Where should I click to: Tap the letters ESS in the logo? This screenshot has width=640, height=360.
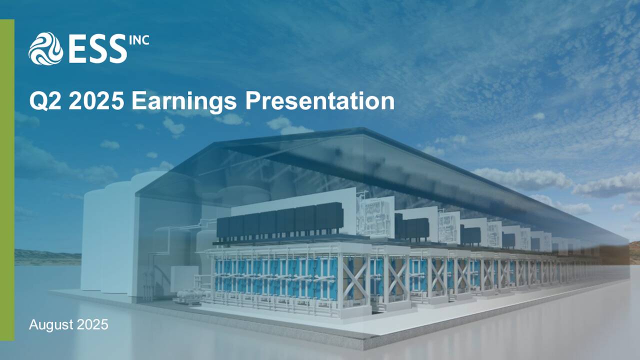[97, 49]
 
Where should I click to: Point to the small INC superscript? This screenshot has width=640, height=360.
[138, 39]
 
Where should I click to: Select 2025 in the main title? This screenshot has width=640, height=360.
[96, 101]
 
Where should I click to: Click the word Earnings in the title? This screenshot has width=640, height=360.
[184, 102]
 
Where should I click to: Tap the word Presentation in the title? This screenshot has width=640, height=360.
[319, 101]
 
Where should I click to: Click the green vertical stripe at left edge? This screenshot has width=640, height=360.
[7, 180]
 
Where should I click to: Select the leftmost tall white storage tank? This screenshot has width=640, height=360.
[92, 240]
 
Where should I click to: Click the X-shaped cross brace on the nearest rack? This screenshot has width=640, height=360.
[355, 277]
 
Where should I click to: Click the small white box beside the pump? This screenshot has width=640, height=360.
[183, 277]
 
